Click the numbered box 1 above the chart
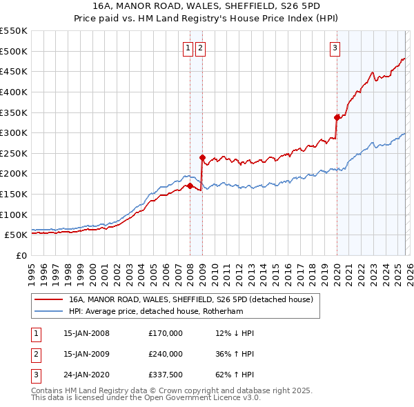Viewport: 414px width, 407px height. (188, 48)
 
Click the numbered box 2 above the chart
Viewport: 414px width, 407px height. (200, 48)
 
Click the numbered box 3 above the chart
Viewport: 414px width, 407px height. (335, 48)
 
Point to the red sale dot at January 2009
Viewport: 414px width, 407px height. (202, 157)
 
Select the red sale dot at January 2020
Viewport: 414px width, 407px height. (337, 117)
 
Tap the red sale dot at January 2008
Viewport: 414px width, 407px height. (190, 186)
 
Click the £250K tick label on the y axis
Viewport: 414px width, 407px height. (14, 153)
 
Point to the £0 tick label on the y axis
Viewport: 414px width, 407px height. (21, 255)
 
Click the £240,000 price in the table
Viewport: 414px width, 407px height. (166, 354)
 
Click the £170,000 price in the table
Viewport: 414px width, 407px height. (166, 333)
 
